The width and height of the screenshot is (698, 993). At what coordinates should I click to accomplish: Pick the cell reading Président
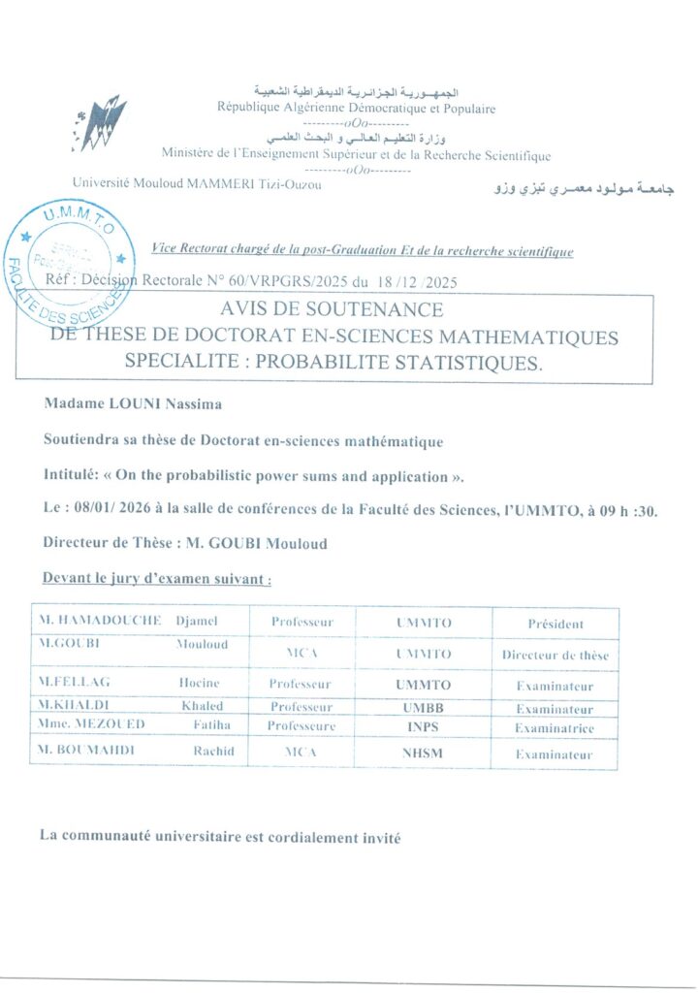point(555,624)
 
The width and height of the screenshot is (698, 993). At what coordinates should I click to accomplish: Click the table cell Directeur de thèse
point(555,656)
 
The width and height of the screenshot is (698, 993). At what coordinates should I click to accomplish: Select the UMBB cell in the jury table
point(424,707)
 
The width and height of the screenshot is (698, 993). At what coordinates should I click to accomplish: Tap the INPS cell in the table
point(424,727)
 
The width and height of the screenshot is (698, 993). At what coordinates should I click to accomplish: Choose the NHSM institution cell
point(424,753)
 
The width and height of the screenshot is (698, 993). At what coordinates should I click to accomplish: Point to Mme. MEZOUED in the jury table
point(93,726)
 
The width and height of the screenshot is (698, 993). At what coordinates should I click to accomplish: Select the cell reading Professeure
point(301,726)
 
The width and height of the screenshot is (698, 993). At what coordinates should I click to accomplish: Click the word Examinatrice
point(555,728)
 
